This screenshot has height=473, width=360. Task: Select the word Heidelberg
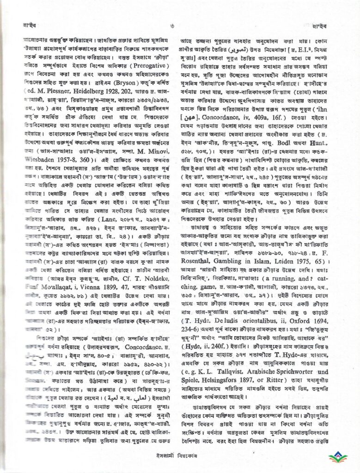tap(84, 99)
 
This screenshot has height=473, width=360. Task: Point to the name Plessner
tap(55, 99)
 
